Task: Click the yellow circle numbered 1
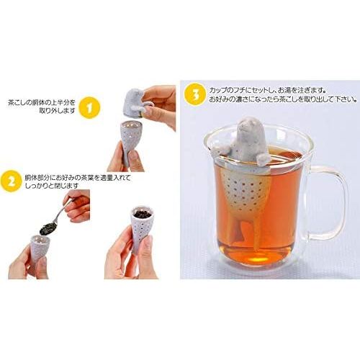[89, 107]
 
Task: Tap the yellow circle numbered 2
[11, 181]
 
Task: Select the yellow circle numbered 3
[195, 95]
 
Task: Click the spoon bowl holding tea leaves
[48, 228]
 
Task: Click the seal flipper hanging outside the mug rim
[220, 150]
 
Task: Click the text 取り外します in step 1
[57, 111]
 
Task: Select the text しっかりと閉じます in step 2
[51, 186]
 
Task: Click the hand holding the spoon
[78, 206]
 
